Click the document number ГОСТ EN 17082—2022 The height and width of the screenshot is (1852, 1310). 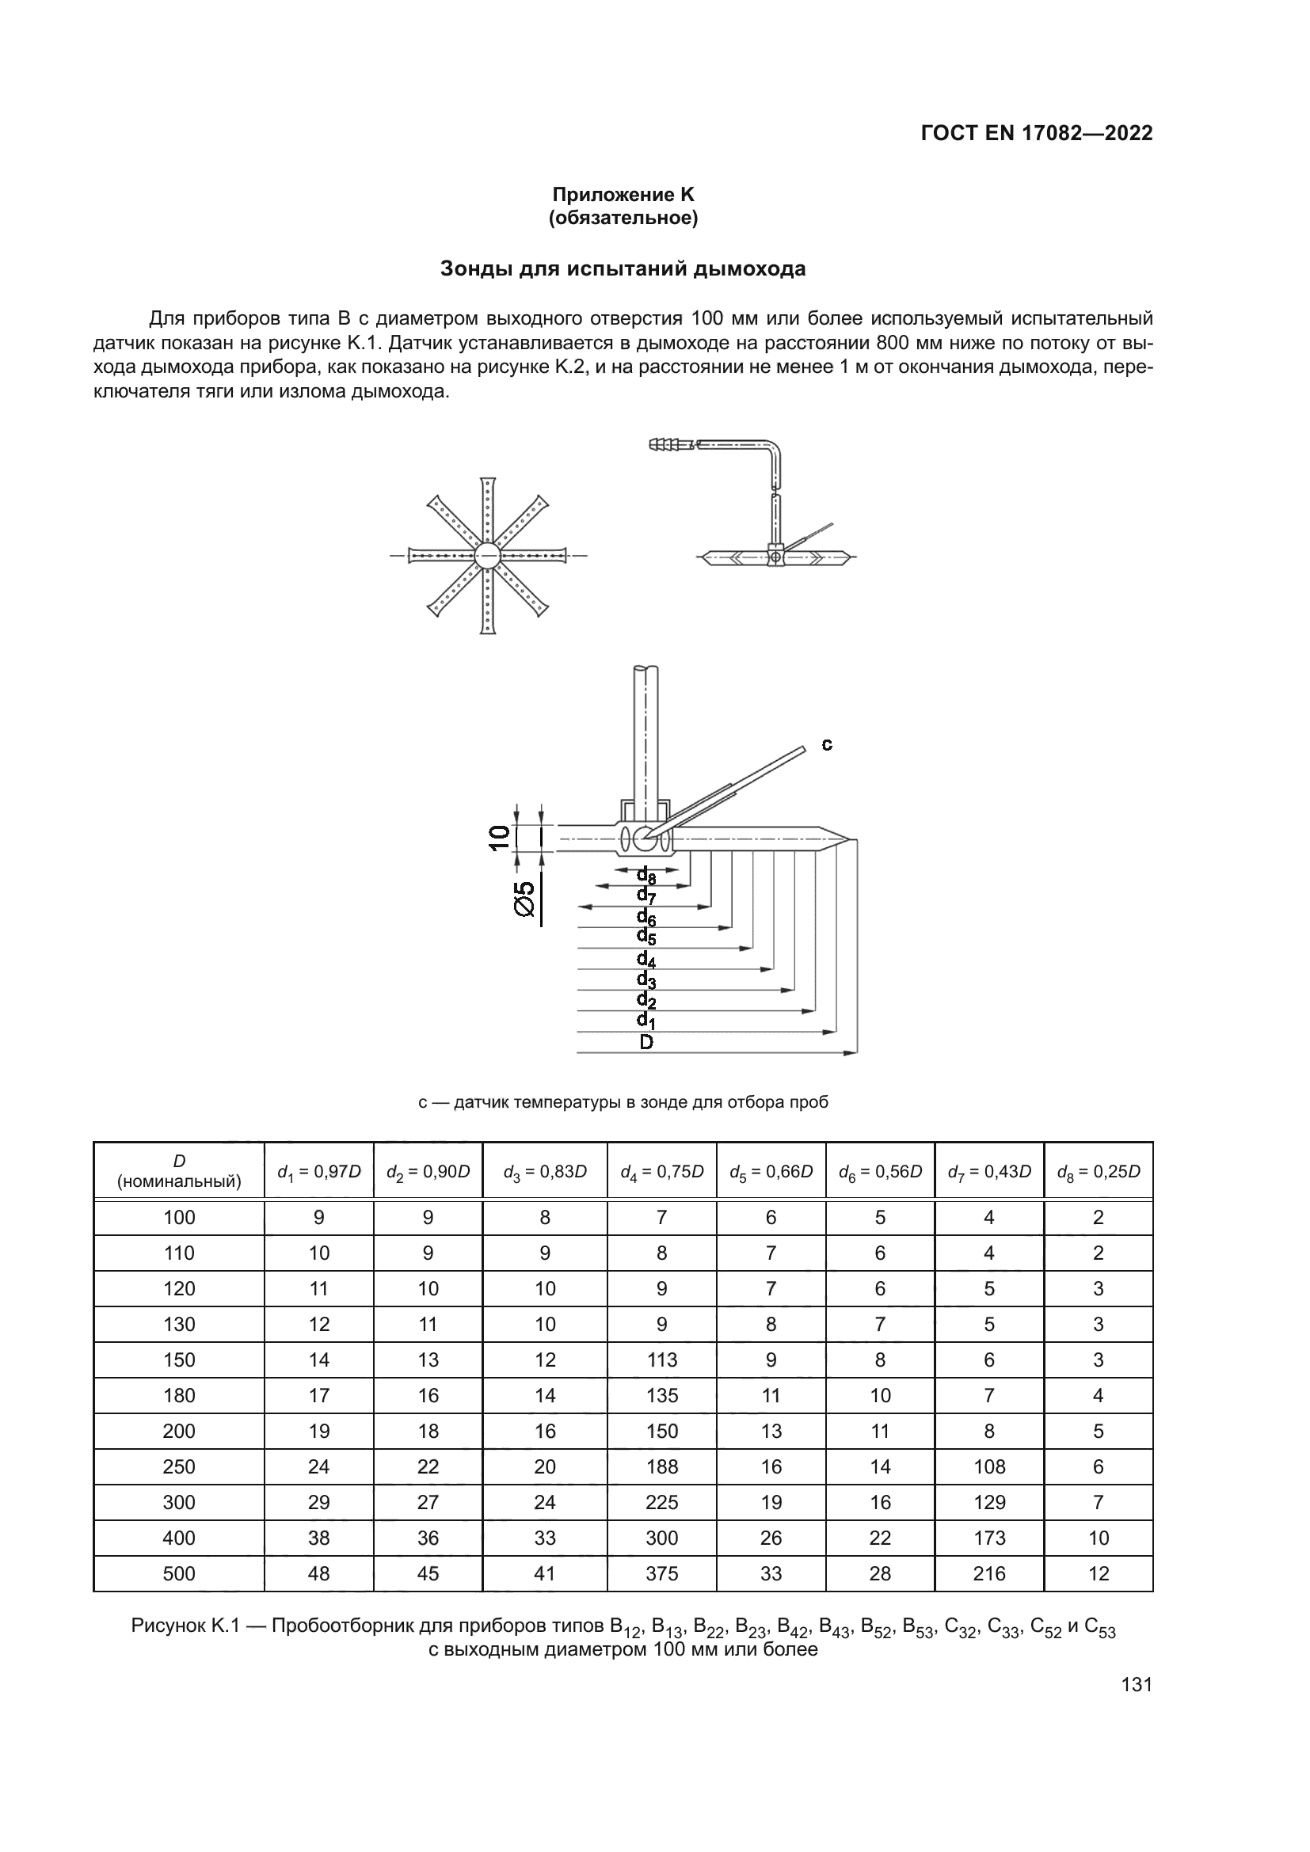1036,133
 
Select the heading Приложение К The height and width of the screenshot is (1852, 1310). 623,195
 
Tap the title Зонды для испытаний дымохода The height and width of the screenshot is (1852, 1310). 623,269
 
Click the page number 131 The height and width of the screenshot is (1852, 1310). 1137,1684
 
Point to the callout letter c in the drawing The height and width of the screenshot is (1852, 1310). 827,744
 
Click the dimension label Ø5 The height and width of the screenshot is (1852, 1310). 525,899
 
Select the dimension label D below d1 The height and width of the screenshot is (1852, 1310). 646,1042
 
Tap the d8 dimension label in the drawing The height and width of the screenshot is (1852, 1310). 646,876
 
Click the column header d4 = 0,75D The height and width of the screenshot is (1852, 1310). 661,1171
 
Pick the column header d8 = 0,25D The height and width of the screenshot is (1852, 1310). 1098,1171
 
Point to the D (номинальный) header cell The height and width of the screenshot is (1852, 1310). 179,1171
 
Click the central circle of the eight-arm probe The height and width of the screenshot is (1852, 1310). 487,556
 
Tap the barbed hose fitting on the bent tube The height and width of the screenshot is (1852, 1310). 668,444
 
